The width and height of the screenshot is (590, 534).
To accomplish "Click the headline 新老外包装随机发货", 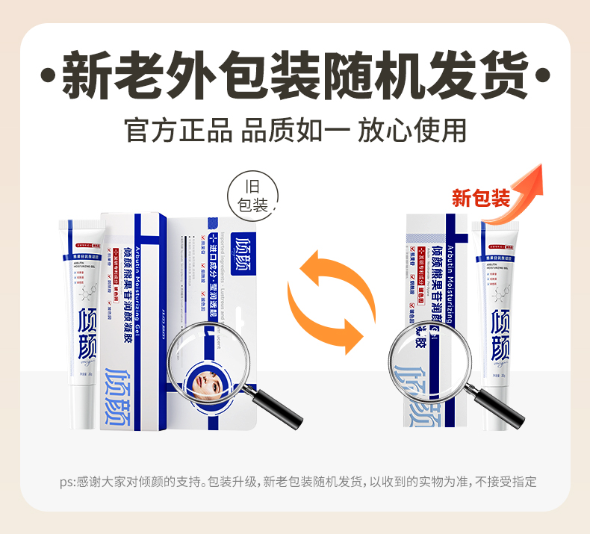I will (295, 75).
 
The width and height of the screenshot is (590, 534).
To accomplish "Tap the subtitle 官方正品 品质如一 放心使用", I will (295, 129).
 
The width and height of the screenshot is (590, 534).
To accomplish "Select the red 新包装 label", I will (481, 199).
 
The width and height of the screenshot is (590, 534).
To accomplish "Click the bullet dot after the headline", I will (543, 77).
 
